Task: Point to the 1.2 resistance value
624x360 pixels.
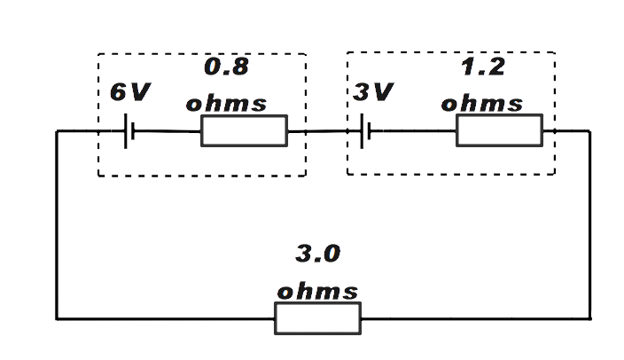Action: point(482,67)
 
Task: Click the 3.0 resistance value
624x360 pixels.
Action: point(317,254)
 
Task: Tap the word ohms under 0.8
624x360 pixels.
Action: point(225,103)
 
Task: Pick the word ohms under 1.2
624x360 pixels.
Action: point(481,103)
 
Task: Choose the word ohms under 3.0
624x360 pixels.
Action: point(317,292)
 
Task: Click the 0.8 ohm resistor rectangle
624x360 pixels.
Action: point(244,131)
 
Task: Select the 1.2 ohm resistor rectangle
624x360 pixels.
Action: point(499,130)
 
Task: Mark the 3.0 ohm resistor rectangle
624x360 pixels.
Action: point(317,317)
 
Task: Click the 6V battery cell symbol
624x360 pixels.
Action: point(129,132)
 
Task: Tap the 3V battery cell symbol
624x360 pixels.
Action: point(364,132)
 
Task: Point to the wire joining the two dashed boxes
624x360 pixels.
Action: point(326,132)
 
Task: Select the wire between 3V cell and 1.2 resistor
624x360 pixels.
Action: point(412,132)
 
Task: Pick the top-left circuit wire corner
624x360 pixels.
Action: point(58,132)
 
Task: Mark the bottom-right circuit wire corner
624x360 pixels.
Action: point(589,317)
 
